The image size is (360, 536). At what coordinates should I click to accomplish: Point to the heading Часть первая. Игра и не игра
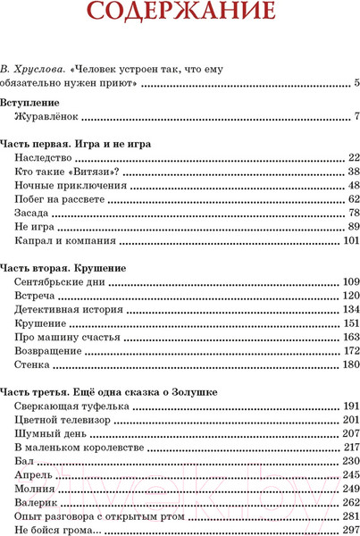pyautogui.click(x=75, y=143)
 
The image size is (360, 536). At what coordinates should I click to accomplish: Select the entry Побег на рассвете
pyautogui.click(x=60, y=199)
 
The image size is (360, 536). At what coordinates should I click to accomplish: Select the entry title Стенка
pyautogui.click(x=34, y=364)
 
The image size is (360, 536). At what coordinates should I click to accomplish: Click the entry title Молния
pyautogui.click(x=36, y=489)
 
